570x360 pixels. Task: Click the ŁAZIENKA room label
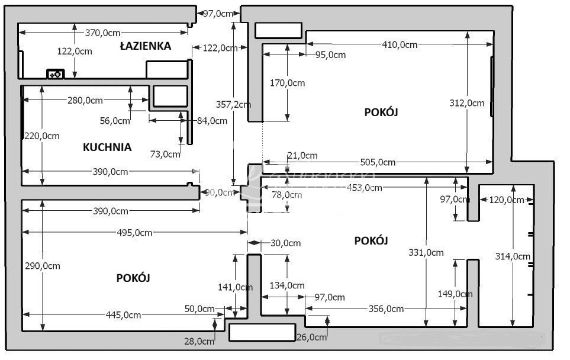[145, 46]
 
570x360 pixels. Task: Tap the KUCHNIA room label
[107, 147]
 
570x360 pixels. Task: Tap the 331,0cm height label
[426, 252]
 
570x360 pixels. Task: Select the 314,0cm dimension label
[513, 256]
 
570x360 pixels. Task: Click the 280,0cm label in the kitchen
[85, 100]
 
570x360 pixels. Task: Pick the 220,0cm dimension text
[43, 136]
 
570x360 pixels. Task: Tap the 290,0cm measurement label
[43, 266]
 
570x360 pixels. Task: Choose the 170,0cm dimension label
[288, 83]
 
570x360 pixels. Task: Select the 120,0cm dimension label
[507, 200]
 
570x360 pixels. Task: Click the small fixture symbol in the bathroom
[55, 74]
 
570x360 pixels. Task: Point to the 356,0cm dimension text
[386, 308]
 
